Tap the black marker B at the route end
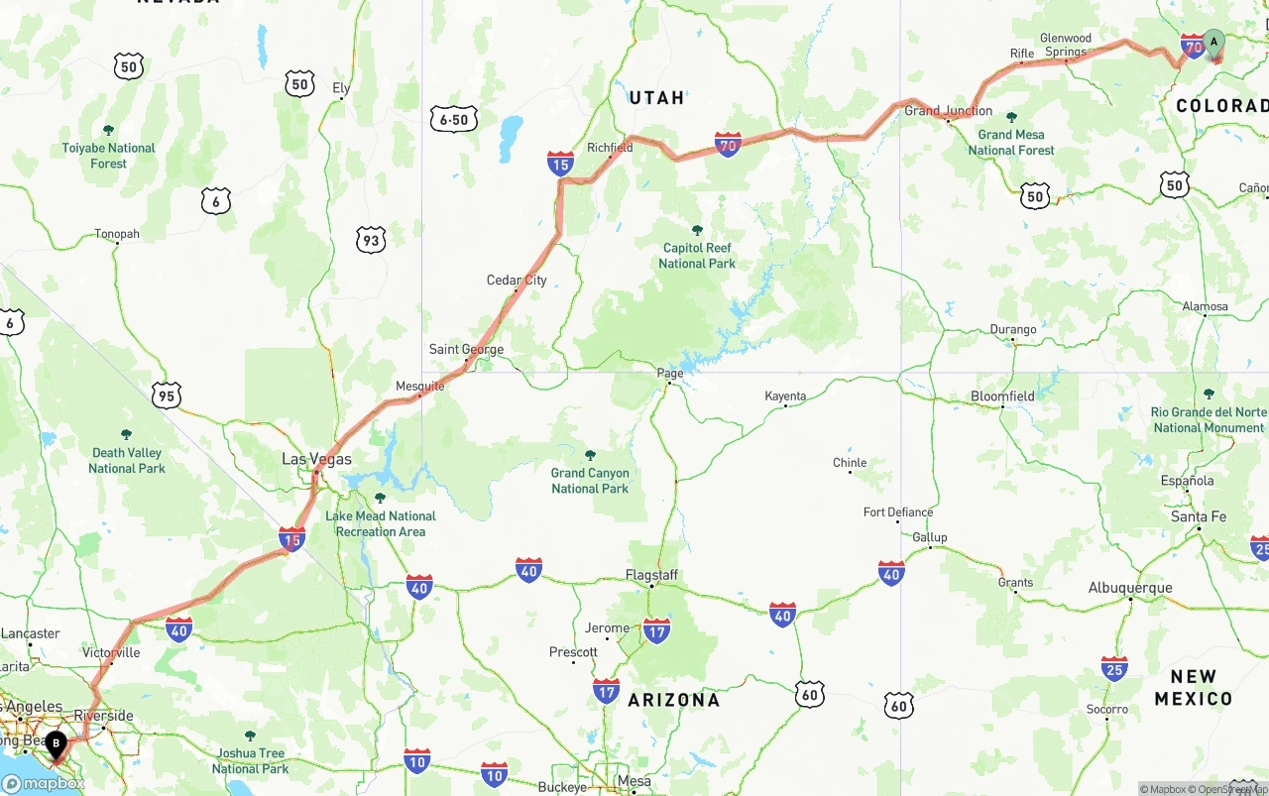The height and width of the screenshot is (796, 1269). [57, 742]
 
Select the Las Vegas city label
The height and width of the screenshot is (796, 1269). [316, 459]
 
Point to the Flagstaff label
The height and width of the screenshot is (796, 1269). [651, 575]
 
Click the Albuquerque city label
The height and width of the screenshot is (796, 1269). [1130, 588]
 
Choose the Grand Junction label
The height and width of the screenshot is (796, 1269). [948, 111]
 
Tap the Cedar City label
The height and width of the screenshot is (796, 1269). [517, 281]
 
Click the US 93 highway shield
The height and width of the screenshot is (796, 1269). [372, 239]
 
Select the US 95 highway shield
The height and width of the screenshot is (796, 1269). [167, 397]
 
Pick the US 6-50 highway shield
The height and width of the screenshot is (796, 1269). [454, 120]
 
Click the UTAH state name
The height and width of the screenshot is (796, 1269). [657, 98]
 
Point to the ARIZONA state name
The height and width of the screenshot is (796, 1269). [674, 700]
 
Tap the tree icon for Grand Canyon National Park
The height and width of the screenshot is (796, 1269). [590, 455]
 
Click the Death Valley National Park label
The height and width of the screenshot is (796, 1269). [127, 460]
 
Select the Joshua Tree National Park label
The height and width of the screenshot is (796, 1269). [250, 761]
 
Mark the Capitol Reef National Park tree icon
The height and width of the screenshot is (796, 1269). [697, 230]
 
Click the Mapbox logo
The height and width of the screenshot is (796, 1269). [43, 783]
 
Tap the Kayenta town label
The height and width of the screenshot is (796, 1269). [785, 397]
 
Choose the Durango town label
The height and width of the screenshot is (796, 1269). [1013, 330]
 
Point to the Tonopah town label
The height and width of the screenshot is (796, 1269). [117, 235]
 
